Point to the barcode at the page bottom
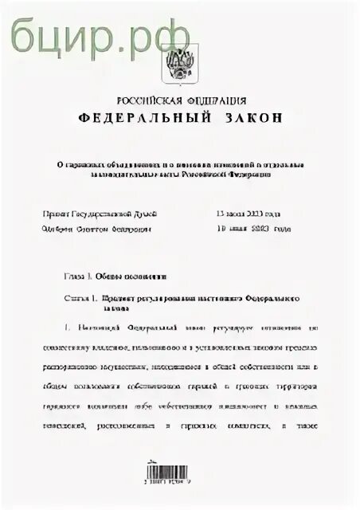coord(178,470)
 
